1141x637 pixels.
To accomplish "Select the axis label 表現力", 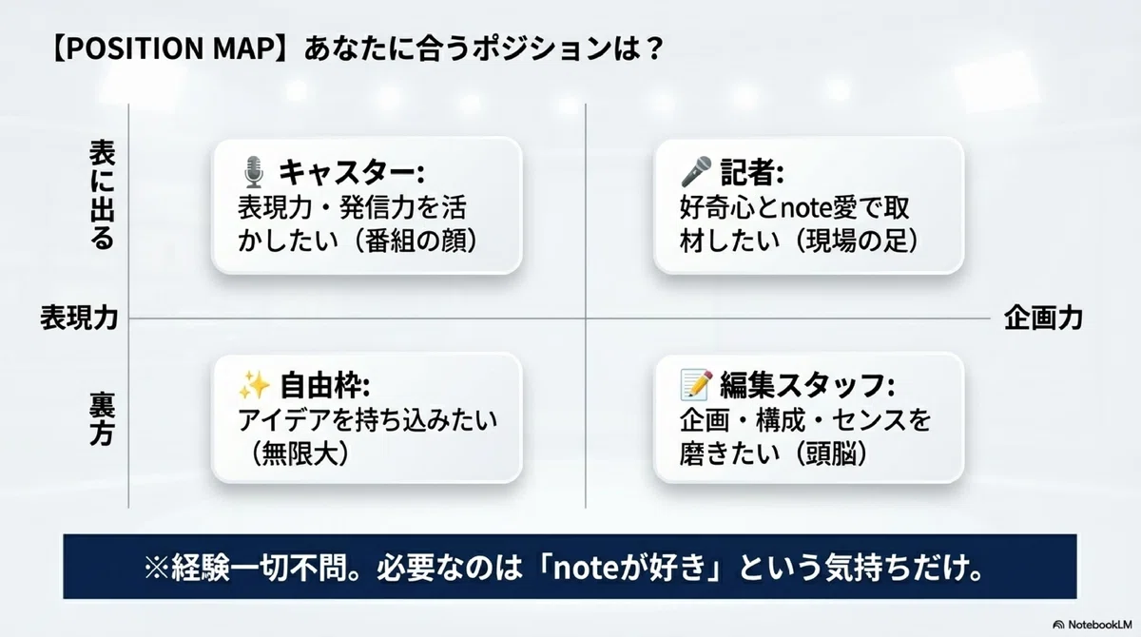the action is pos(79,318).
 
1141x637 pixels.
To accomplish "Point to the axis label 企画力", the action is pos(1043,318).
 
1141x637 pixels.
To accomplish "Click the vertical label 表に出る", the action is pos(103,195).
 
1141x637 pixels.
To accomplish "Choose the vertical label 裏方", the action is pos(103,419).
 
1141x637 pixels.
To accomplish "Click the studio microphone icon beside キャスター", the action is pos(253,172).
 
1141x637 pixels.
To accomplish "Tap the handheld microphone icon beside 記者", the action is pos(696,171).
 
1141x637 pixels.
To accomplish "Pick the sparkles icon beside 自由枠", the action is pos(254,385).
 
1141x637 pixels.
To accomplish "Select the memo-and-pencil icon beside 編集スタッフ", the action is pos(696,385).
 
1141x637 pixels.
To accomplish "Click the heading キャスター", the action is pos(351,172).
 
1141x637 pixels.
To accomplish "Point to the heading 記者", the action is pos(752,172).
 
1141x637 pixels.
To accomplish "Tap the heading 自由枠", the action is pos(324,385).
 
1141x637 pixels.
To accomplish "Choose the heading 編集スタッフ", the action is pos(807,385).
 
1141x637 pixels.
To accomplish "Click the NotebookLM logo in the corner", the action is pos(1092,625).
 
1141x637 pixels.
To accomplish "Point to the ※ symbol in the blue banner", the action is pos(156,568).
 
